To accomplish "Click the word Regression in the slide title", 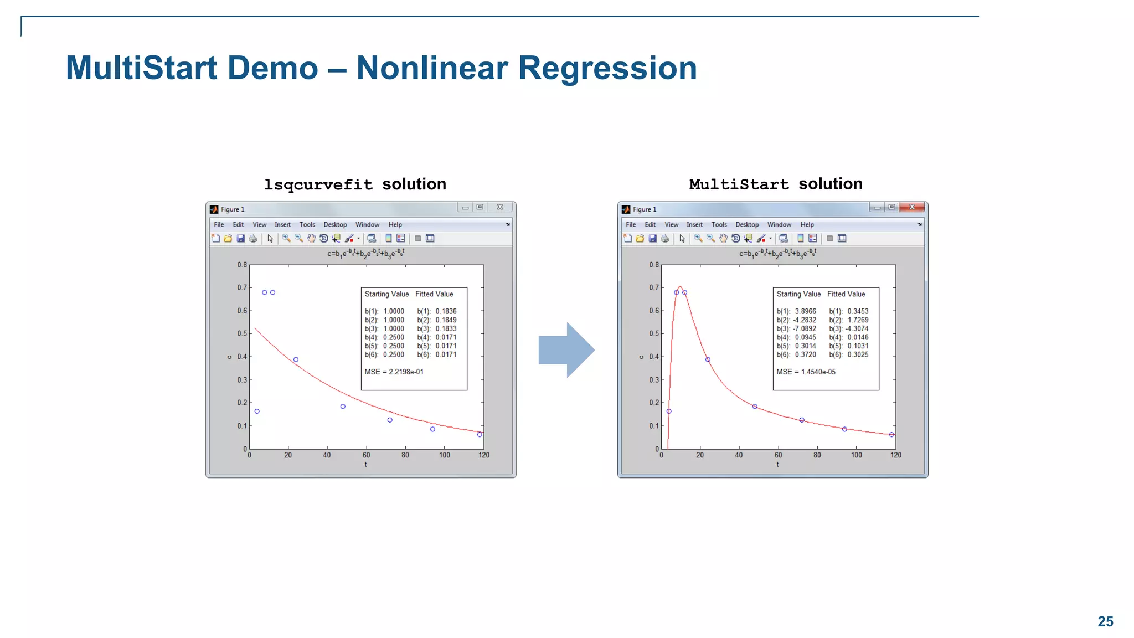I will (x=607, y=68).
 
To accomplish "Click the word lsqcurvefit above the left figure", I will (x=318, y=184).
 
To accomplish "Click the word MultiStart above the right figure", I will (x=739, y=184).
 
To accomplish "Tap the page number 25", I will (x=1105, y=621).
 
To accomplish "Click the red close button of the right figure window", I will (x=911, y=207).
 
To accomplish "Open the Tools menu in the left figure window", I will (x=307, y=224).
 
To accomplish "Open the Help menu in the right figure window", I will (x=807, y=224).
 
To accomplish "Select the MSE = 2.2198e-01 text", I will (x=394, y=372).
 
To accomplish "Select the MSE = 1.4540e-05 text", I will (x=806, y=372).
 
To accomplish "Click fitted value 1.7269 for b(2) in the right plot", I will (x=858, y=320).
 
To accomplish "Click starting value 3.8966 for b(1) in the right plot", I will (x=805, y=311).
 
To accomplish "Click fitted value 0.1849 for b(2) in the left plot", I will (x=446, y=320).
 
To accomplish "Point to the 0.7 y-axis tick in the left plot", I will (x=242, y=287).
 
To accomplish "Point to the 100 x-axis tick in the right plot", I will (x=856, y=455).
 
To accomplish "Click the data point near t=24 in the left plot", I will (x=296, y=359).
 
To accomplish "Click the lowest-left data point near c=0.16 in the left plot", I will (x=257, y=411).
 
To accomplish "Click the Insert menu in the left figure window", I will (x=282, y=224).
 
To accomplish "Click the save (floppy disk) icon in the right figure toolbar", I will (x=652, y=238).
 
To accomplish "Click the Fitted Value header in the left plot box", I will (x=434, y=294).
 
